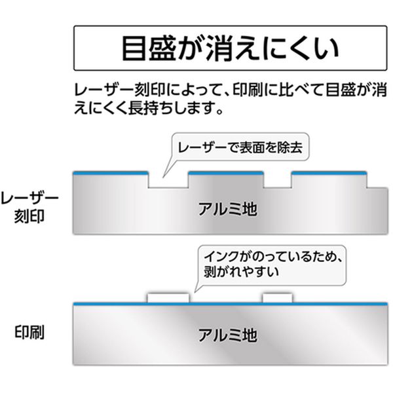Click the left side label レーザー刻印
pyautogui.click(x=29, y=206)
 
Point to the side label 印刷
pyautogui.click(x=29, y=331)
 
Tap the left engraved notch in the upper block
pyautogui.click(x=168, y=181)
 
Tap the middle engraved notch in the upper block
pyautogui.click(x=278, y=181)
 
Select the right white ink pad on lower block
pyautogui.click(x=278, y=299)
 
